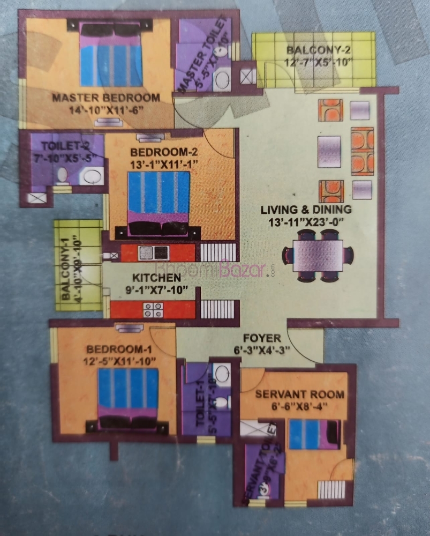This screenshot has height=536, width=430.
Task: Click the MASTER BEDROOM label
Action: tap(105, 98)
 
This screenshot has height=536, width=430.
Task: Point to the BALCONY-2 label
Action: tap(319, 51)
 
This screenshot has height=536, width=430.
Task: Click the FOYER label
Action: tap(262, 338)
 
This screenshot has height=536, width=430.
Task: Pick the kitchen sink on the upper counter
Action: tap(154, 252)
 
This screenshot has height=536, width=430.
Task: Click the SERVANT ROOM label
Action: tap(292, 394)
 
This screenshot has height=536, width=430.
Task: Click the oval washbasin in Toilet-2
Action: tap(94, 175)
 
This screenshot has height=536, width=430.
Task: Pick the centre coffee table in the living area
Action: tap(329, 146)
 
